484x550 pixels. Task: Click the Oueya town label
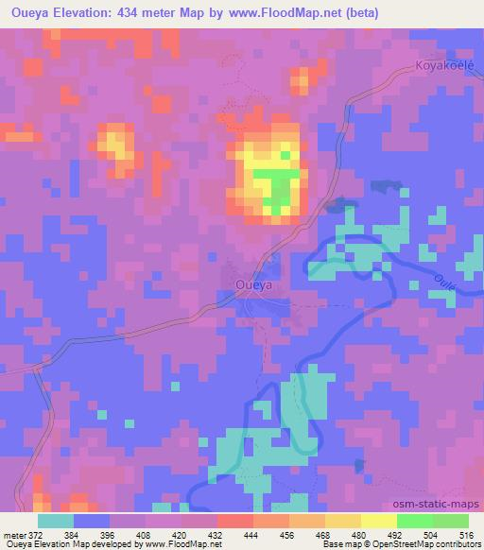253,283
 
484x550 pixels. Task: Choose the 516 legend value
467,534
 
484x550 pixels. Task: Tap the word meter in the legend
14,534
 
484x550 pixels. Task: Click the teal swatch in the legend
55,521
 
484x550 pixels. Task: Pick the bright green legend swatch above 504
414,521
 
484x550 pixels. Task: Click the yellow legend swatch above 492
378,521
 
